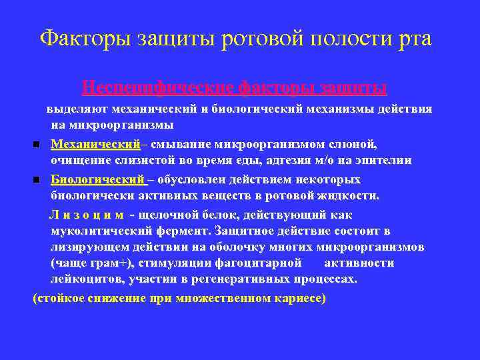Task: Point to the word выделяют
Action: pos(74,109)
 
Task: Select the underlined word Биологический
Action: pos(98,180)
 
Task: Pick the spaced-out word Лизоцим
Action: pos(87,215)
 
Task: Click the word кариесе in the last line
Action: pos(299,298)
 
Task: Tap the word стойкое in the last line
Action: pos(61,298)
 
